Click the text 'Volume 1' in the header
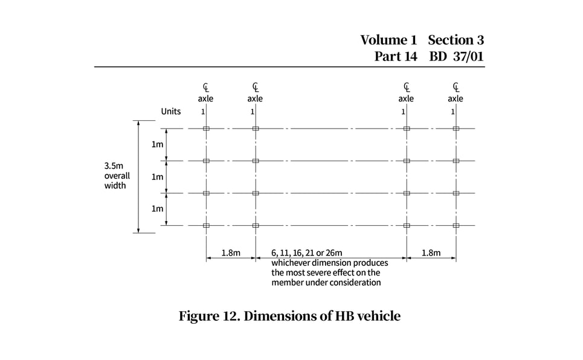tap(388, 40)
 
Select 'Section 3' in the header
tap(456, 40)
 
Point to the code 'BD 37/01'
tap(457, 57)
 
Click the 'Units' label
tap(171, 112)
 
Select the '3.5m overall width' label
tap(117, 176)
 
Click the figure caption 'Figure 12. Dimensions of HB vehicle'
tap(289, 316)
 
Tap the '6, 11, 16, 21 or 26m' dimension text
tap(307, 253)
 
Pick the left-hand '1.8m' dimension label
tap(231, 253)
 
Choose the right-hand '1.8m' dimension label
tap(431, 253)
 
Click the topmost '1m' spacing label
tap(157, 145)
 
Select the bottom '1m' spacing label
tap(157, 209)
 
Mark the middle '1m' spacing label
tap(157, 177)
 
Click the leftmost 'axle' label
tap(205, 98)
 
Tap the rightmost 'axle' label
tap(456, 98)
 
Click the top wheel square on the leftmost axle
tap(206, 129)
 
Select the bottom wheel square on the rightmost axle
tap(456, 225)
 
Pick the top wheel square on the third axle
tap(407, 129)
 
